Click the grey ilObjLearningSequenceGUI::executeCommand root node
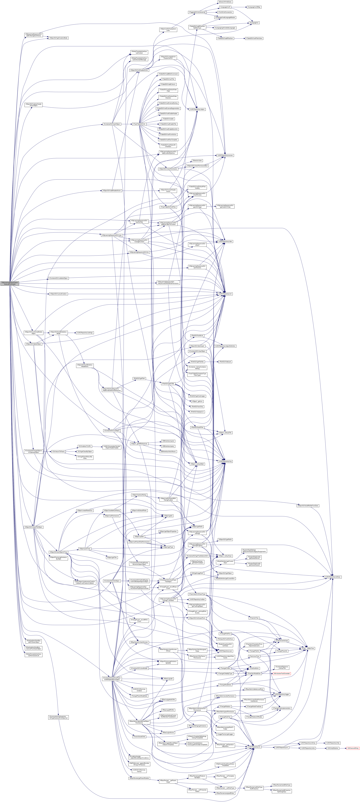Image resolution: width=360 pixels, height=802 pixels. click(x=10, y=283)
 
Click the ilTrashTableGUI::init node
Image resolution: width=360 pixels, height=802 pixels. click(x=139, y=124)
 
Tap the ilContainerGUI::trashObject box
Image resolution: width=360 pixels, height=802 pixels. click(x=112, y=124)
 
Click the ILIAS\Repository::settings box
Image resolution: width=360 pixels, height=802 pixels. click(x=85, y=333)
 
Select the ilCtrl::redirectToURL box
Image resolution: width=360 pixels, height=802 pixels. click(x=85, y=446)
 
